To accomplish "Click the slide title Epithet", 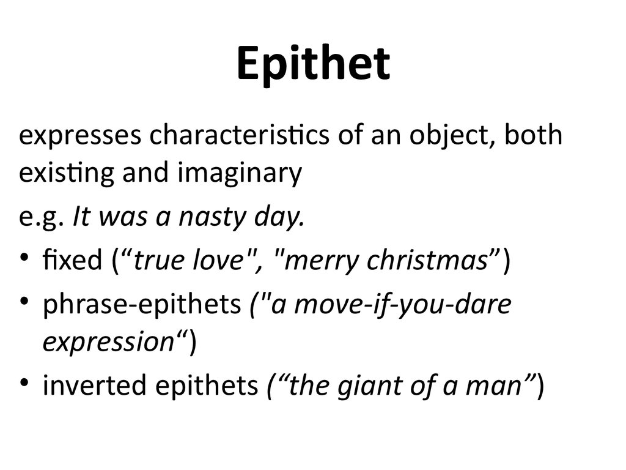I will pyautogui.click(x=313, y=64).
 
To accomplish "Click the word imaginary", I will pyautogui.click(x=240, y=175).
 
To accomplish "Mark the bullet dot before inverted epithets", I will pyautogui.click(x=26, y=384).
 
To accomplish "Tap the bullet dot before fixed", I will pyautogui.click(x=26, y=259).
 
